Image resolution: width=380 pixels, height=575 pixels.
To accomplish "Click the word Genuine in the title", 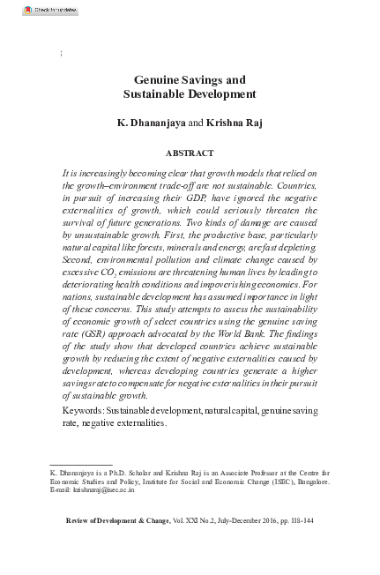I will click(x=160, y=79).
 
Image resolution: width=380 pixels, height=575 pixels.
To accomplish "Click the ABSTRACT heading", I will click(x=190, y=152).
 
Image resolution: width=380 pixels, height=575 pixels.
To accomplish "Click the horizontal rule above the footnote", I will click(x=80, y=464).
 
